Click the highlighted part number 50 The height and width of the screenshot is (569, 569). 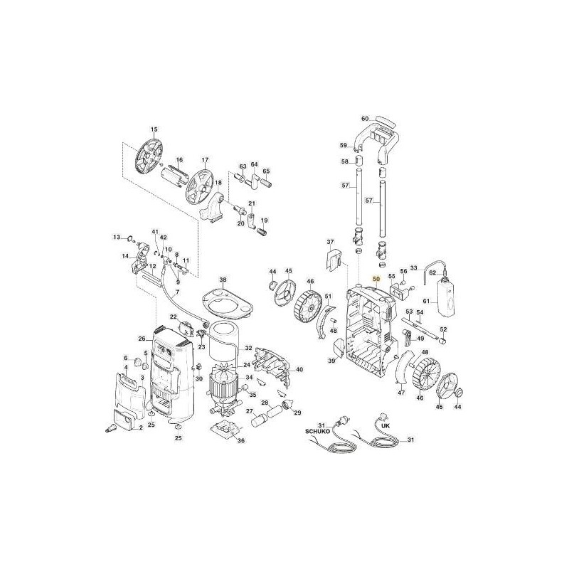(377, 280)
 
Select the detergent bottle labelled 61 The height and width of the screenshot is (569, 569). (447, 299)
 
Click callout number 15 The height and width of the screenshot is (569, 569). (152, 129)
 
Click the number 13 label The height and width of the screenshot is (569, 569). (117, 237)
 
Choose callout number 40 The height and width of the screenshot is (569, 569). (299, 370)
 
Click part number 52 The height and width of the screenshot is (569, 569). (443, 329)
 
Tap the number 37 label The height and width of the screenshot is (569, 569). (330, 242)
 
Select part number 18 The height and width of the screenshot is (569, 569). (218, 183)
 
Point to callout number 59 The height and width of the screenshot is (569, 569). (343, 146)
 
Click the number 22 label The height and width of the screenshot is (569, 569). (173, 317)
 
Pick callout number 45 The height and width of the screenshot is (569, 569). (289, 271)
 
